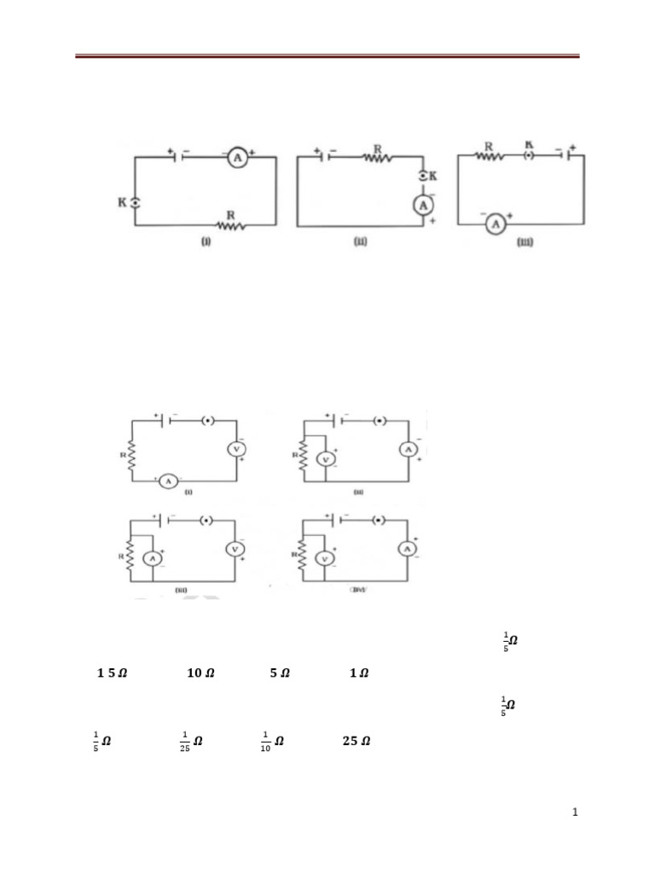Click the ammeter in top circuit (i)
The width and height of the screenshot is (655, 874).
point(238,158)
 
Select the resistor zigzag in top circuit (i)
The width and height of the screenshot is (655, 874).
point(231,225)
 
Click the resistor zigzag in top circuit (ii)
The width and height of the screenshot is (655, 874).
point(376,157)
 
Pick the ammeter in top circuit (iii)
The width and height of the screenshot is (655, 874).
point(493,224)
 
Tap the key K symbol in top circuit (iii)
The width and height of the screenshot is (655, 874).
point(529,157)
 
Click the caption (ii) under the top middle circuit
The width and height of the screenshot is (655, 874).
point(360,242)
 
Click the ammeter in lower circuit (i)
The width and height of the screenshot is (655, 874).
point(168,481)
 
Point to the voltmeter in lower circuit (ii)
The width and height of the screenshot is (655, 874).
point(324,458)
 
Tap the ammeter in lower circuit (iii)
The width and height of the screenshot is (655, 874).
point(152,558)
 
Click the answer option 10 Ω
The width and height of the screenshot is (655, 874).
point(200,673)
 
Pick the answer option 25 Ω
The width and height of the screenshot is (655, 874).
point(356,741)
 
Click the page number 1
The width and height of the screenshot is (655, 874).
point(576,813)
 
